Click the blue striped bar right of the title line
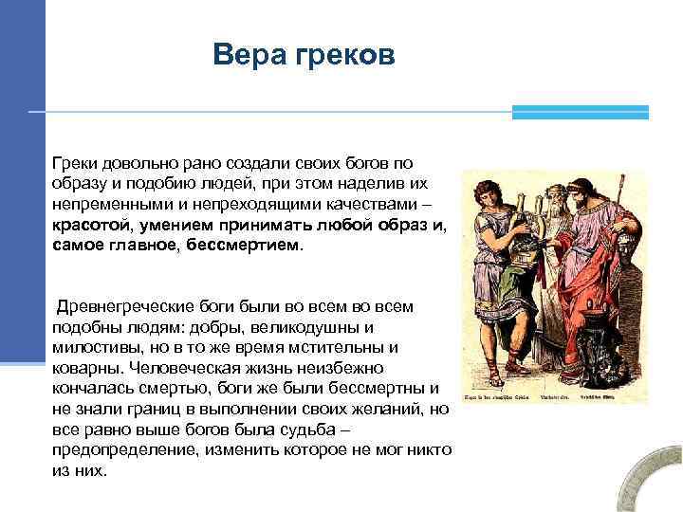(580, 112)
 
